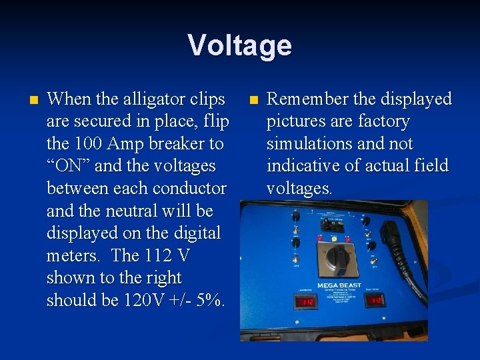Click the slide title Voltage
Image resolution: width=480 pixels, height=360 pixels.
click(x=239, y=45)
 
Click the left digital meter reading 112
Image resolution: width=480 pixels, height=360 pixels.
click(x=306, y=302)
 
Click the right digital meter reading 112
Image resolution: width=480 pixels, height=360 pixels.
click(x=376, y=300)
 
